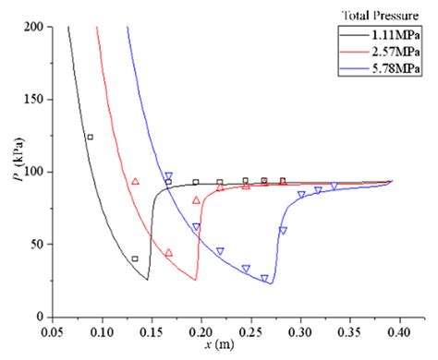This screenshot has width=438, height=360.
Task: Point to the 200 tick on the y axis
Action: [34, 28]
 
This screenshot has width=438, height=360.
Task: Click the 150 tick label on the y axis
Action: [34, 100]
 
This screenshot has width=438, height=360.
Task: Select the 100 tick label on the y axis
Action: [34, 173]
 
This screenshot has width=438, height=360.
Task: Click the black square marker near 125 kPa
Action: [90, 137]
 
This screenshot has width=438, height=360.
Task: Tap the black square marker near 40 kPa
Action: [135, 259]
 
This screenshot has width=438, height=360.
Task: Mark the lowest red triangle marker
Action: [168, 253]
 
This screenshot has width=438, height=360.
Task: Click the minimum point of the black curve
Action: [147, 280]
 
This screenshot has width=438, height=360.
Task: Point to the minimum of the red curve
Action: [195, 280]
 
